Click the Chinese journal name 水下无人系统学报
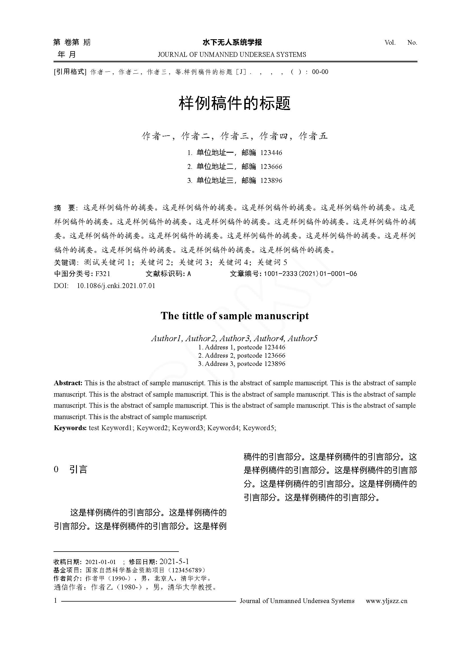coord(232,42)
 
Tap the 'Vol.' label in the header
coord(390,43)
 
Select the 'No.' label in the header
coord(412,43)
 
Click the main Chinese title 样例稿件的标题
coord(234,103)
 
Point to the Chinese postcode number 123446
coord(271,153)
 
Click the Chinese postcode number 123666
coord(271,167)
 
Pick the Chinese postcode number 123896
coord(271,181)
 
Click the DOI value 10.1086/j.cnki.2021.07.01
coord(116,286)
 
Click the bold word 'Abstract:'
coord(68,383)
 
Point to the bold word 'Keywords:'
coord(70,428)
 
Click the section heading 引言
coord(78,469)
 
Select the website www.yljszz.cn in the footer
coord(386,601)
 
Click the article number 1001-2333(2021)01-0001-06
coord(310,274)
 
